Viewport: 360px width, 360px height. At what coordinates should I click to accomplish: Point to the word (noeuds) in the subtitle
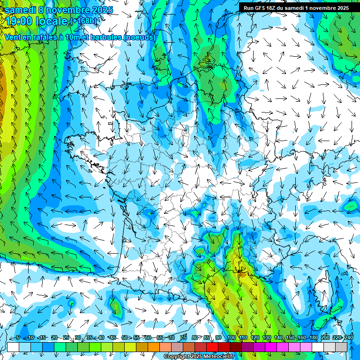coord(140,37)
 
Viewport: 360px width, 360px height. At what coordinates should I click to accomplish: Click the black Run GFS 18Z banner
coord(296,8)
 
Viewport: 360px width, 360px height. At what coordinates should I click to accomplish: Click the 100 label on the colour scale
coord(231,338)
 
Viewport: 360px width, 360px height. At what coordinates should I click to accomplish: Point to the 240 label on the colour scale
coord(348,338)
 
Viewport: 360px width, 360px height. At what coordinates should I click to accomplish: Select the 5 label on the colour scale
coord(18,338)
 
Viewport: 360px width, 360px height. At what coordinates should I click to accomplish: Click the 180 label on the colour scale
coord(313,338)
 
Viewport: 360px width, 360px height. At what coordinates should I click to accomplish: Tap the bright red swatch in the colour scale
coord(212,347)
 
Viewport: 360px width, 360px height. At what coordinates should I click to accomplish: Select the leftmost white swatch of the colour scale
coord(13,347)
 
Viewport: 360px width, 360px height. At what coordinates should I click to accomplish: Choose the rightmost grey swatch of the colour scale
coord(341,347)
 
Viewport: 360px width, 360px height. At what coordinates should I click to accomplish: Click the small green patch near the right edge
coord(350,205)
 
